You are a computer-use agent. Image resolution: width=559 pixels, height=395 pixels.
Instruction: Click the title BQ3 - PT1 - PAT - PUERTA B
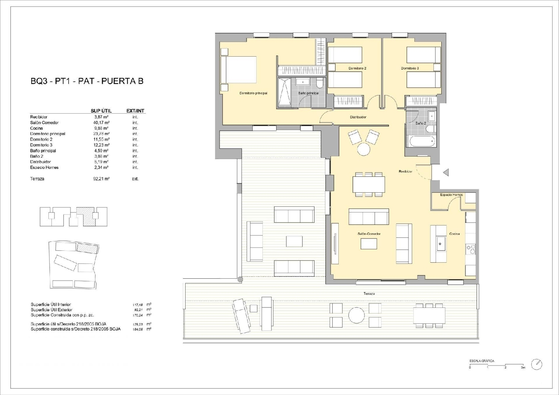(x=87, y=81)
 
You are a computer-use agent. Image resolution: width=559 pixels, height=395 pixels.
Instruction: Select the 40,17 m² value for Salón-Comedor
(x=101, y=123)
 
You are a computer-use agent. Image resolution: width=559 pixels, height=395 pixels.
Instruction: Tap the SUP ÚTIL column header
(x=101, y=111)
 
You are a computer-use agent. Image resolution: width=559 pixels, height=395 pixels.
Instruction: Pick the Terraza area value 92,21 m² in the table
(x=101, y=179)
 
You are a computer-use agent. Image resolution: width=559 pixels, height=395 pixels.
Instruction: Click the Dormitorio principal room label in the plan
(x=253, y=93)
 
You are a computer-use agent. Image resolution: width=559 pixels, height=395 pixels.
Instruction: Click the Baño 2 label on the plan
(x=420, y=123)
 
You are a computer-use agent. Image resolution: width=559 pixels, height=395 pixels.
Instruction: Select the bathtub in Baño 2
(x=422, y=141)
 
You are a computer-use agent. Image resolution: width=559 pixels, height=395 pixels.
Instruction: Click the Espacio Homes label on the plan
(x=451, y=195)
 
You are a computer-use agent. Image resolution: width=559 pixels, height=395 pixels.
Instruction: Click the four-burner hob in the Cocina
(x=471, y=249)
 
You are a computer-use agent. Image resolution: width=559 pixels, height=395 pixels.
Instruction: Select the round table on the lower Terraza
(x=357, y=315)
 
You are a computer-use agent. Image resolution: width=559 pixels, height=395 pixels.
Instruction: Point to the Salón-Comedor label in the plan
(x=369, y=234)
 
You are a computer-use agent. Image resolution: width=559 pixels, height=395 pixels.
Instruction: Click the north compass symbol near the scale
(x=537, y=364)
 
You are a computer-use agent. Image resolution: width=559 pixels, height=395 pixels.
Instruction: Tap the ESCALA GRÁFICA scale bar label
(x=481, y=361)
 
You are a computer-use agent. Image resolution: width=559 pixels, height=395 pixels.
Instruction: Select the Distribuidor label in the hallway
(x=358, y=117)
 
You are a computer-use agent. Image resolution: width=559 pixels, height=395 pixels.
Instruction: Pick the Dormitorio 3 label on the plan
(x=410, y=69)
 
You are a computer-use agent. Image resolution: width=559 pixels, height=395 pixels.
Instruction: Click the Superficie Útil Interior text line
(x=51, y=304)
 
